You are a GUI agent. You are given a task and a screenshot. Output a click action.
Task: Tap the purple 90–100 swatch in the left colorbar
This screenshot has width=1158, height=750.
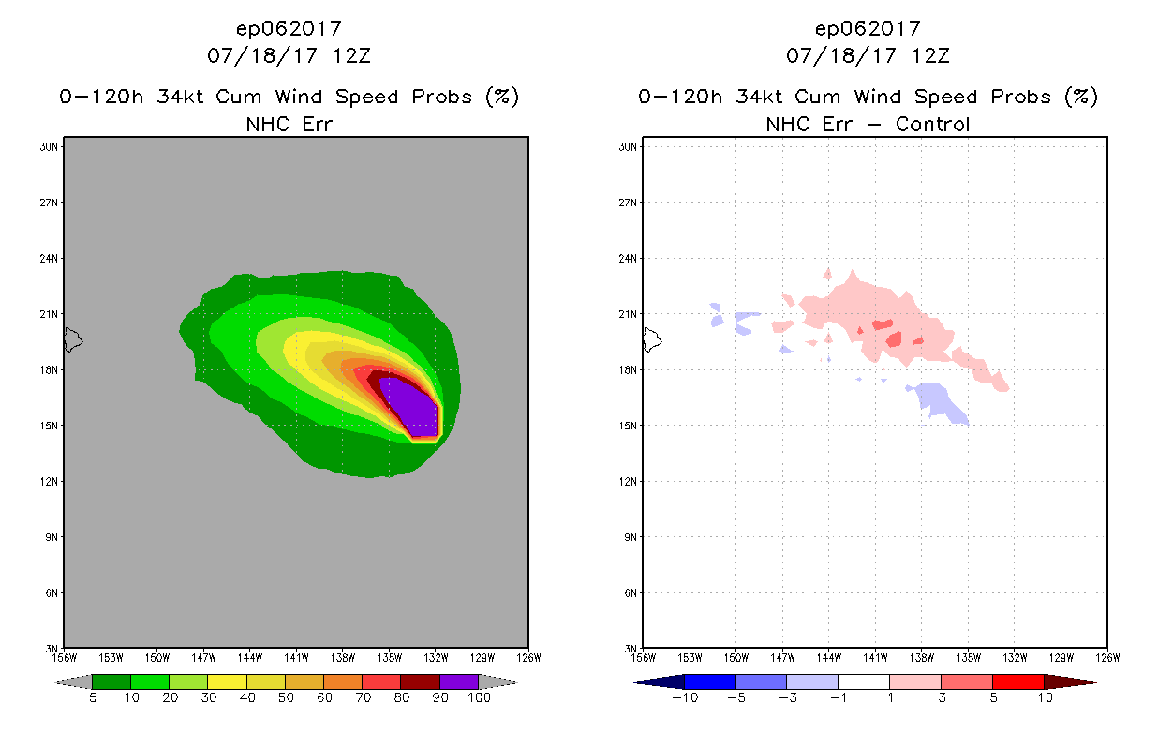click(459, 682)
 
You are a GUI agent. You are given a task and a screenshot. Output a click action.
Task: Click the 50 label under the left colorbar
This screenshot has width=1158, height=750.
click(285, 698)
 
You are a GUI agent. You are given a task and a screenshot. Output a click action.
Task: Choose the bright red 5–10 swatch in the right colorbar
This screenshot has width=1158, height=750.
click(1017, 682)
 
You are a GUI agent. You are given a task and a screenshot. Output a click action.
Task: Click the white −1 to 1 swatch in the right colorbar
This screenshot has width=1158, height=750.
click(863, 682)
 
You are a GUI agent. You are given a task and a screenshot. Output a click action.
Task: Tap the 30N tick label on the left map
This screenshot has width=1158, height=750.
click(50, 146)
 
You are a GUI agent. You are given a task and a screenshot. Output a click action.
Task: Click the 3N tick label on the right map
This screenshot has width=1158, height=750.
click(631, 649)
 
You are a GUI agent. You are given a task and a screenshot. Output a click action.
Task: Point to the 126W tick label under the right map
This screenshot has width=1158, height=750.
click(1106, 658)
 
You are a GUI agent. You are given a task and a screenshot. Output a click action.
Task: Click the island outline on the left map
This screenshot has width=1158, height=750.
click(74, 339)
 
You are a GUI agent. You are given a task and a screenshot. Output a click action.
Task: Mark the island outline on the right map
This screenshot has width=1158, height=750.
click(653, 339)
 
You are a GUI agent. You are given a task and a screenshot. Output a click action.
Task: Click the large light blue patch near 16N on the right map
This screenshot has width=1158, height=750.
click(940, 401)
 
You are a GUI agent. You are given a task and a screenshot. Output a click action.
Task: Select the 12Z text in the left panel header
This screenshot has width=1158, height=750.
click(351, 55)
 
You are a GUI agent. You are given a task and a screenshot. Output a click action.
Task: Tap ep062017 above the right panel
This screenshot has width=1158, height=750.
click(868, 28)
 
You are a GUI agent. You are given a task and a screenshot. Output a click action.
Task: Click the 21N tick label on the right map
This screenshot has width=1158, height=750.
click(629, 314)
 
